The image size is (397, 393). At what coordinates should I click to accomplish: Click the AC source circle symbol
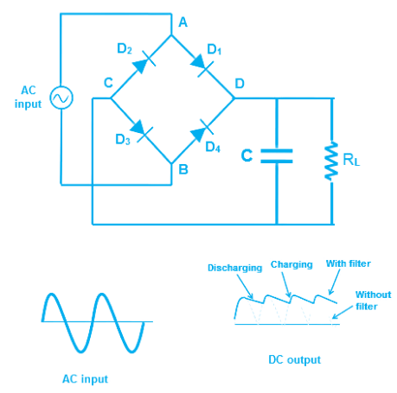coord(62,98)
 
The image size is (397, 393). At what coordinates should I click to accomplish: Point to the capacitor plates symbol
coord(277,155)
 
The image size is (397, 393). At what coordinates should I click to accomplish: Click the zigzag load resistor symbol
coord(330,162)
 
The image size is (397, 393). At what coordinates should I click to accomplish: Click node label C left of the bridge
coord(108,83)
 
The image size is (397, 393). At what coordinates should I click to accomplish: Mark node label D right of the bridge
coord(240,84)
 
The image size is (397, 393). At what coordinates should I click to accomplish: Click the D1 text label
coord(214,52)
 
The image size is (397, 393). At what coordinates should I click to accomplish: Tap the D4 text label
coord(212,146)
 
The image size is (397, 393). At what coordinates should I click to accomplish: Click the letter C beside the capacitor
coord(248,155)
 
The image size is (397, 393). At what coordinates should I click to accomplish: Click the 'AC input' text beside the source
coord(29,97)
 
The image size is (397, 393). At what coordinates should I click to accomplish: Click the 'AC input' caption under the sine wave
coord(85,377)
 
